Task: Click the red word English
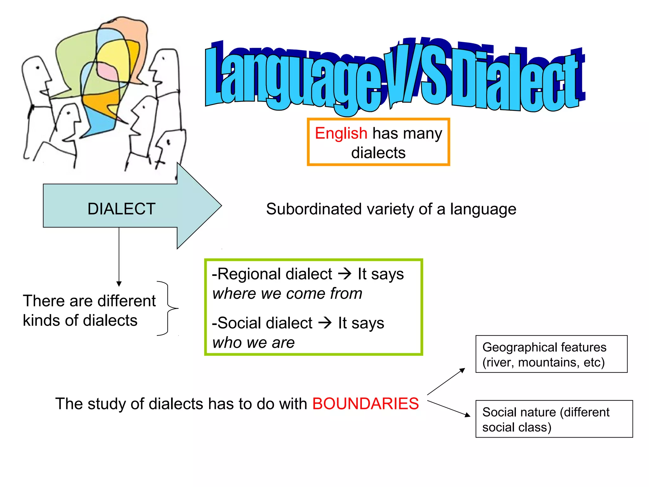341,133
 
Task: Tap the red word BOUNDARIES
365,404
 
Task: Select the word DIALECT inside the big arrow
121,209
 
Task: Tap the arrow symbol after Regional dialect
345,273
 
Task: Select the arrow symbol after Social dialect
325,323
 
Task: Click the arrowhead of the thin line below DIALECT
119,284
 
